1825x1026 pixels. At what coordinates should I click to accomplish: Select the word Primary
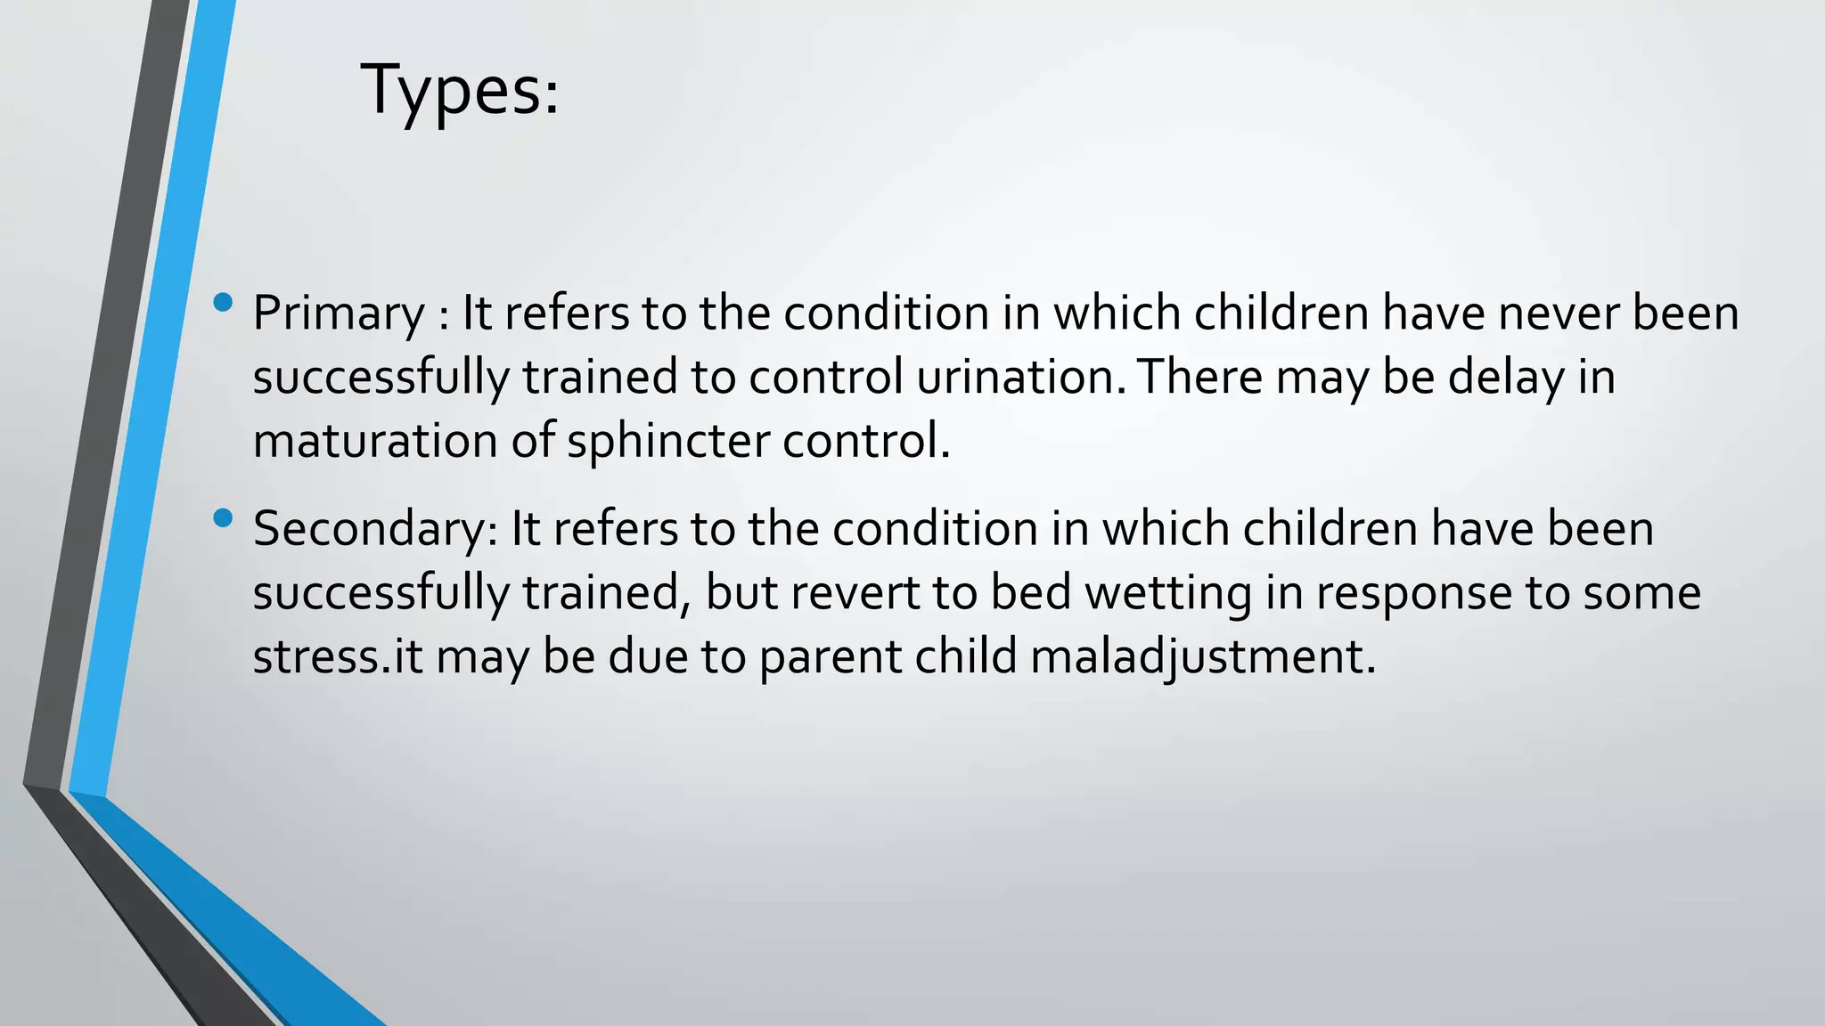tap(339, 314)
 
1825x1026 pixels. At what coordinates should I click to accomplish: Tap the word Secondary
tap(374, 530)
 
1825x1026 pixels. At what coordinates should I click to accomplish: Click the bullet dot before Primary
tap(224, 303)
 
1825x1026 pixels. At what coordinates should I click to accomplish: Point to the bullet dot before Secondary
tap(224, 517)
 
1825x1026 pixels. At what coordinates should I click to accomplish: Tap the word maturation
tap(374, 442)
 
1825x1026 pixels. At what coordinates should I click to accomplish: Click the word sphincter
tap(667, 442)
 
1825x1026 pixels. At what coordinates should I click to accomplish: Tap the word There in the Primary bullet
tap(1199, 378)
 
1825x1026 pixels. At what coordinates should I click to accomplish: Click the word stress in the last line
tap(315, 658)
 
